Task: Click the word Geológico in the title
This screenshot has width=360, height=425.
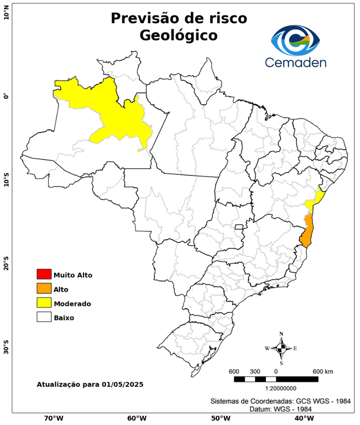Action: point(179,35)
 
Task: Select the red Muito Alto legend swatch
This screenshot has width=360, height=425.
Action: point(44,274)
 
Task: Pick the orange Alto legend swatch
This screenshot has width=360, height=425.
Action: point(44,288)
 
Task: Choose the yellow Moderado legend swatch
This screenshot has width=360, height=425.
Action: point(44,303)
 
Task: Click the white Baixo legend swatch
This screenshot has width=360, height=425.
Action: point(44,317)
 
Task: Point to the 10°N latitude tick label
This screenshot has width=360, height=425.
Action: point(6,13)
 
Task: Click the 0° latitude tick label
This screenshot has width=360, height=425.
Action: point(6,96)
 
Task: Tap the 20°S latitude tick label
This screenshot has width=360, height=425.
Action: point(6,264)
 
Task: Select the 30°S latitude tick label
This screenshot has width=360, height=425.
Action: point(6,349)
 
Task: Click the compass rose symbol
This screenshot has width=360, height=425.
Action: point(281,348)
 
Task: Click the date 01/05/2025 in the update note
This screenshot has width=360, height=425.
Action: point(119,383)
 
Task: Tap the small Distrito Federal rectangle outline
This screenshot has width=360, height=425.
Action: point(239,227)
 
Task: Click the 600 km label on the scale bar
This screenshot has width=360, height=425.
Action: point(322,371)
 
